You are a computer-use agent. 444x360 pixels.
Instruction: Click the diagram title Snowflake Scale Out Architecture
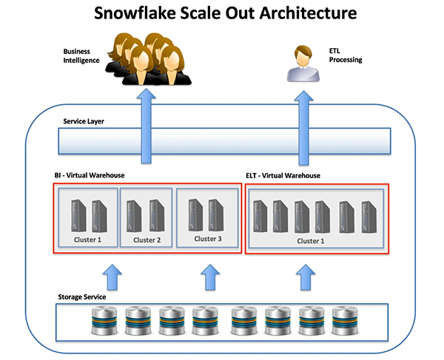click(222, 13)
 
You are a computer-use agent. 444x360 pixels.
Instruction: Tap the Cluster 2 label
click(146, 240)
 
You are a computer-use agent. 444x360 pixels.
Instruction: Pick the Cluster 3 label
click(207, 239)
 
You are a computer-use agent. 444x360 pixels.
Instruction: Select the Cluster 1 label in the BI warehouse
click(87, 240)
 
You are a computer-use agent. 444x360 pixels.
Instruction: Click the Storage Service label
click(82, 296)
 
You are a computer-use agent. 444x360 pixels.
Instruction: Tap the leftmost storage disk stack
click(101, 322)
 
